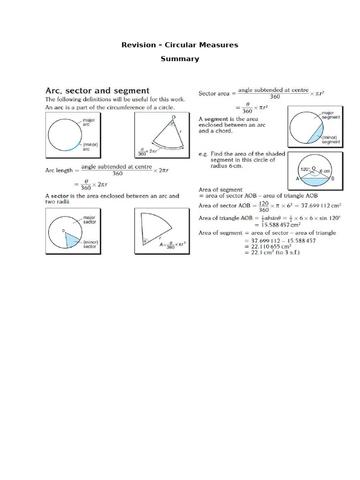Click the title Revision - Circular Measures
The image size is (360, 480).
click(180, 45)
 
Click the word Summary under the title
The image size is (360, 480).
click(180, 59)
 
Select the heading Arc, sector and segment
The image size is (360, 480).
click(97, 90)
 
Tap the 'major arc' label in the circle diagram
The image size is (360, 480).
click(89, 122)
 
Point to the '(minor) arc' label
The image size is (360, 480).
click(90, 147)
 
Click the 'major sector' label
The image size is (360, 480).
click(90, 220)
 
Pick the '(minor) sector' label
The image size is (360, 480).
click(90, 244)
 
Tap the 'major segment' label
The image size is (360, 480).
click(330, 115)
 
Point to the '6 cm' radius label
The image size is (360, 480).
click(325, 172)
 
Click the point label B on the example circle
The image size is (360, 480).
click(332, 179)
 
